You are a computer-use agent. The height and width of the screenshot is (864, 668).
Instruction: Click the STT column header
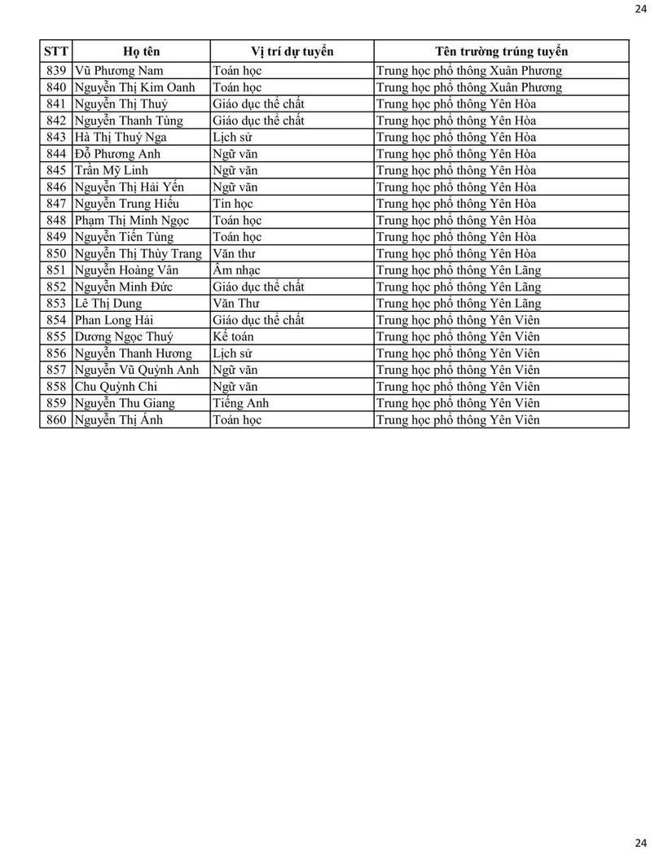tap(56, 51)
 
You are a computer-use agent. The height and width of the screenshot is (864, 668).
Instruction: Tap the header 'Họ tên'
tap(141, 51)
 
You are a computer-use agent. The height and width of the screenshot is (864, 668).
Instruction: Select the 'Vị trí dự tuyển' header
tap(292, 51)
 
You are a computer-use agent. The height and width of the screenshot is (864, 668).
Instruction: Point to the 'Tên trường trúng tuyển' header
tap(501, 51)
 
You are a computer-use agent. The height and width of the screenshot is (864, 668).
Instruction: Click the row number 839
tap(56, 71)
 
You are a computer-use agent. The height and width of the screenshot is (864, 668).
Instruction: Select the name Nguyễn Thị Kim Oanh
tap(134, 87)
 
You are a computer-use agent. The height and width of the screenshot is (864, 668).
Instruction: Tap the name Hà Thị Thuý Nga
tap(121, 137)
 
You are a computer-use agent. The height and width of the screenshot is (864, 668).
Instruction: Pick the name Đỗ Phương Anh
tap(117, 154)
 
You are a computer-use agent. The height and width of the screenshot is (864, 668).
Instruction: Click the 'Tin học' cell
tap(232, 204)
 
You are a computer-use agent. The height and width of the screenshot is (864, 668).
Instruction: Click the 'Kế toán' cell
tap(233, 336)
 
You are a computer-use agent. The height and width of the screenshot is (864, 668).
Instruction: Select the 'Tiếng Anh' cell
tap(240, 403)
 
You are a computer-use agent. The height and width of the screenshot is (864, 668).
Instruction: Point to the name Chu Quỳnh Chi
tap(116, 387)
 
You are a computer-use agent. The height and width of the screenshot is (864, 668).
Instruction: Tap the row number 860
tap(56, 420)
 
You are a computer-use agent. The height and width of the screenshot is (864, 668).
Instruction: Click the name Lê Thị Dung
tap(108, 304)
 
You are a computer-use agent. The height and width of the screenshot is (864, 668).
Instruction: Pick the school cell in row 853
tap(459, 304)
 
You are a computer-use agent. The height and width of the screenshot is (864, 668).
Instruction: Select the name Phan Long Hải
tap(113, 320)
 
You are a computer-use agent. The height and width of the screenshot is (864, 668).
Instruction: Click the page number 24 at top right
tap(640, 9)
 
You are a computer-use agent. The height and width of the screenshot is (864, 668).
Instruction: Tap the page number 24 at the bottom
tap(640, 843)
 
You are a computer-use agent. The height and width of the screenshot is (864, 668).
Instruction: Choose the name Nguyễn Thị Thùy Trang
tap(138, 253)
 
